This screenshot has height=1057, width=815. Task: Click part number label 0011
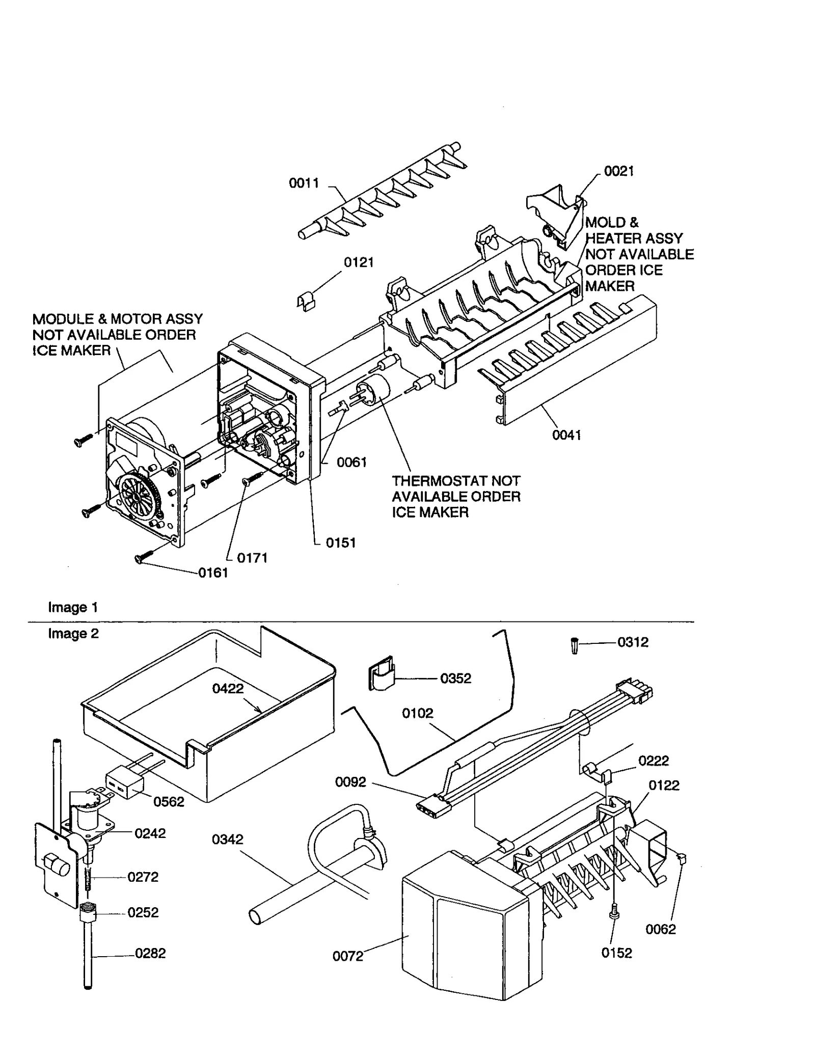coord(304,183)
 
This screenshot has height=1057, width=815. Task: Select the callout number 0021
coord(619,171)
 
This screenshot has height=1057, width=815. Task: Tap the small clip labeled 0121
coord(306,302)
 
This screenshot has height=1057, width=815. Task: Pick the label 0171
coord(252,558)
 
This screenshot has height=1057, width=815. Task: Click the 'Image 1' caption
coord(73,607)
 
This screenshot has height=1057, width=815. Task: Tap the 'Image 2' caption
coord(73,634)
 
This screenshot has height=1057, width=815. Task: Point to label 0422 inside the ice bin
coord(228,689)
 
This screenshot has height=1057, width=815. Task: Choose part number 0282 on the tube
coord(150,953)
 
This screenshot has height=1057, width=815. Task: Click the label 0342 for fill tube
coord(228,839)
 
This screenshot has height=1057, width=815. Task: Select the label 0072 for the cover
coord(348,956)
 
